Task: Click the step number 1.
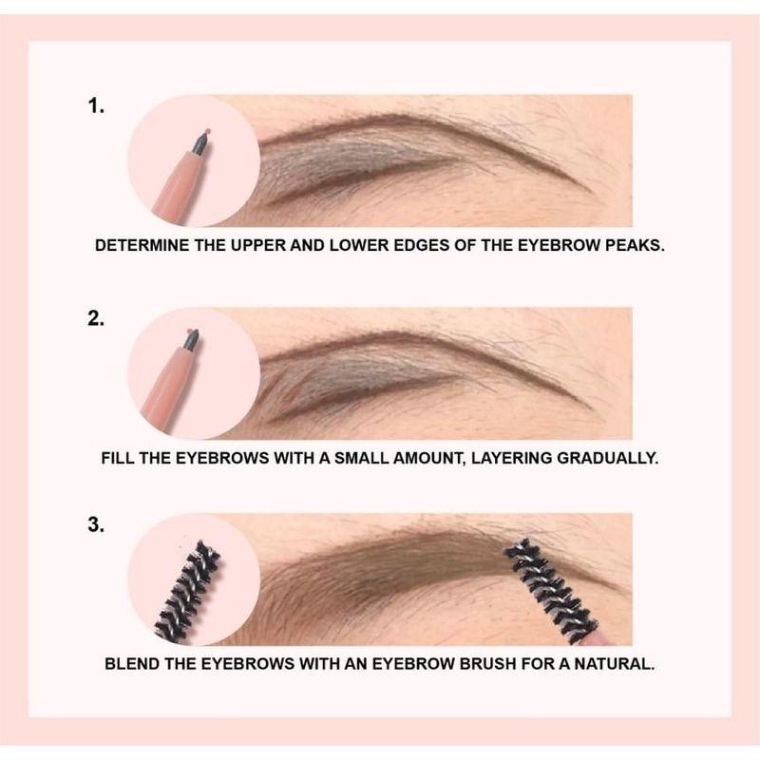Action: (95, 106)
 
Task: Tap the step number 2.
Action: (95, 319)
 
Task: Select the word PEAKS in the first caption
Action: (636, 244)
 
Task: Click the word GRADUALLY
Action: (608, 457)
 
